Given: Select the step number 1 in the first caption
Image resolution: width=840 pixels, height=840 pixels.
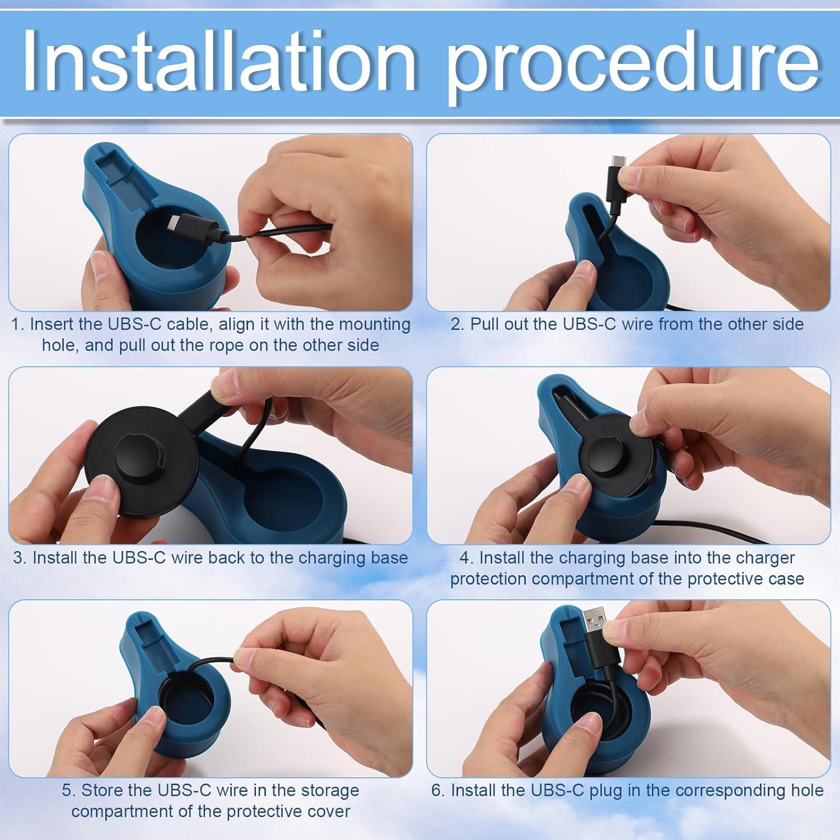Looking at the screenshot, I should [x=16, y=324].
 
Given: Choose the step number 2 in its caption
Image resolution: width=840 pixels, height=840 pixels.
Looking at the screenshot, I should [x=456, y=324].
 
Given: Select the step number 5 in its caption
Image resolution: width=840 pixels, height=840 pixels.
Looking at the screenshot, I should [x=68, y=790].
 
